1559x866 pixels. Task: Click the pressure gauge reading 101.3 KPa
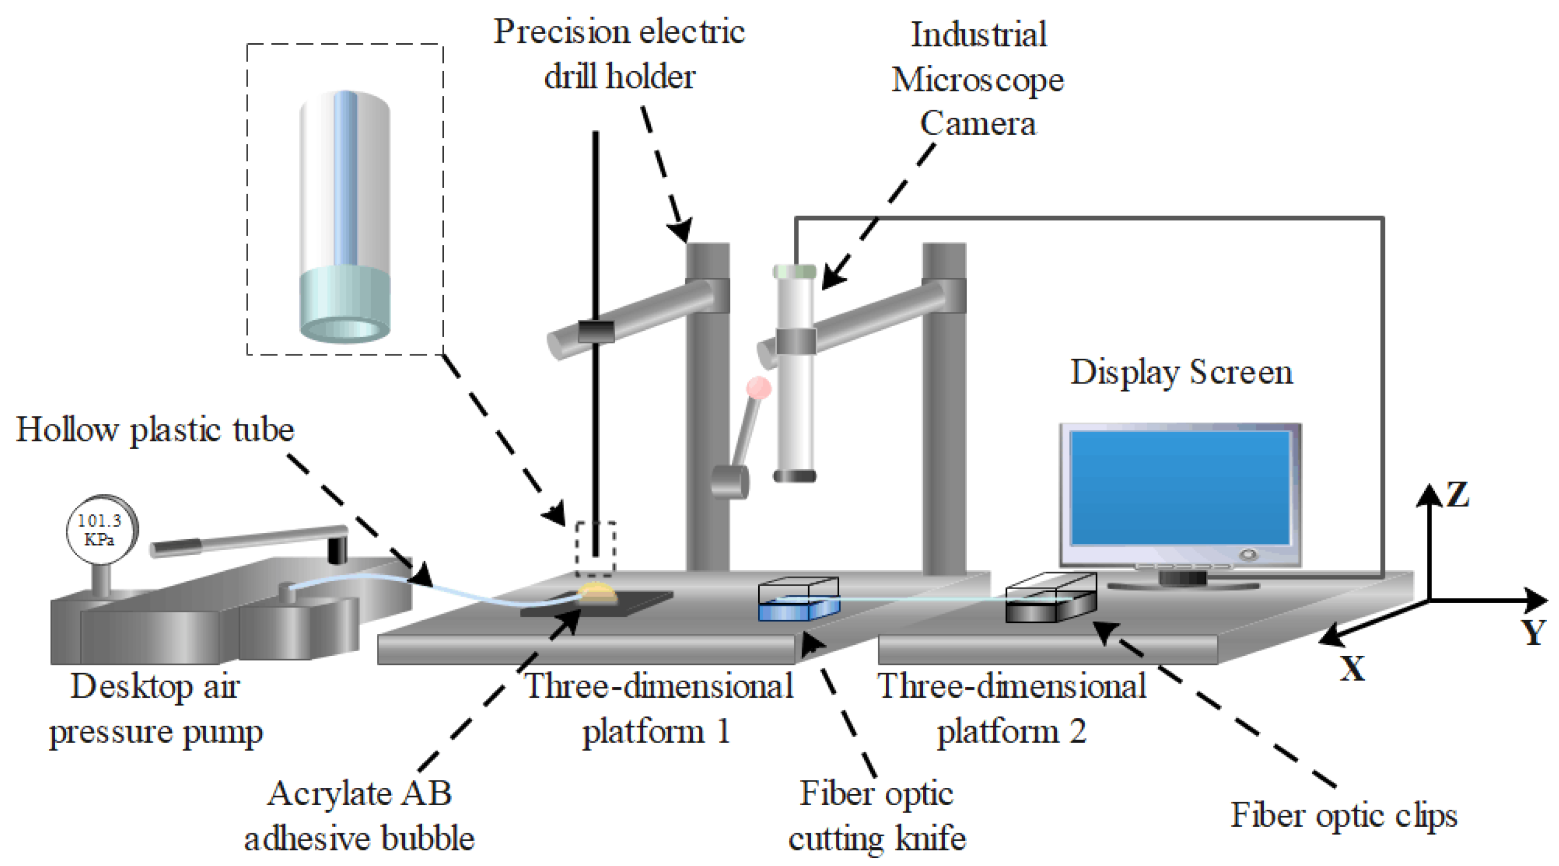[x=101, y=529]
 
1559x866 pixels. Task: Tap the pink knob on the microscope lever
[x=758, y=388]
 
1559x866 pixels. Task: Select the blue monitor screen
[x=1179, y=488]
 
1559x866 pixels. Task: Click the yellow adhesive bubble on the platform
[x=597, y=593]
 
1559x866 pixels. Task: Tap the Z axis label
[x=1457, y=494]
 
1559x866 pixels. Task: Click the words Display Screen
[x=1182, y=372]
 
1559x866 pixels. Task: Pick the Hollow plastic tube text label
[x=155, y=430]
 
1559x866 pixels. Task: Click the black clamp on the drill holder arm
[x=596, y=331]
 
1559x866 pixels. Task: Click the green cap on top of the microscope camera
[x=794, y=271]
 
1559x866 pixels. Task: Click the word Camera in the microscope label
[x=978, y=124]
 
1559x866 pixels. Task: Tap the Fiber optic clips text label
[x=1344, y=815]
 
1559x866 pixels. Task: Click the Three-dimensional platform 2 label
[x=1012, y=708]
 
